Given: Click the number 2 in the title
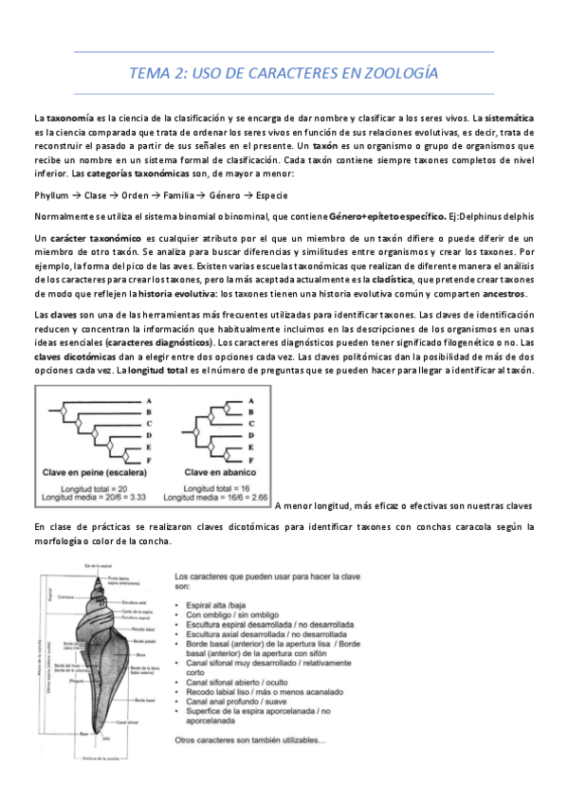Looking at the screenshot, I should click(x=174, y=73).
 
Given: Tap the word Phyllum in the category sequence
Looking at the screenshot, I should click(x=50, y=194).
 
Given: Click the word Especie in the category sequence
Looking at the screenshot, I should click(x=271, y=194).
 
